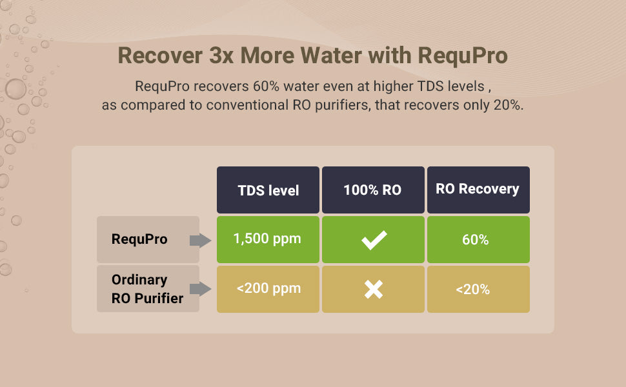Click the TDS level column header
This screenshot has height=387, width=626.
pyautogui.click(x=268, y=190)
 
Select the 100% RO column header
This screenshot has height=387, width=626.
pyautogui.click(x=373, y=190)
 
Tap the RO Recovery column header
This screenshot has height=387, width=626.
pyautogui.click(x=478, y=190)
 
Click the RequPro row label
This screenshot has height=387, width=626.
pyautogui.click(x=148, y=239)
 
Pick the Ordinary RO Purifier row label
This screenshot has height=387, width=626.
pyautogui.click(x=148, y=289)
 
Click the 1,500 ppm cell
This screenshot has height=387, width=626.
pyautogui.click(x=268, y=239)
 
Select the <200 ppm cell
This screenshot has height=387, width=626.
pyautogui.click(x=268, y=289)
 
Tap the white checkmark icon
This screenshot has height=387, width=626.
pyautogui.click(x=374, y=240)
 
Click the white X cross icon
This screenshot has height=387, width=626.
pyautogui.click(x=374, y=289)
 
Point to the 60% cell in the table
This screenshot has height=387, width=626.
pyautogui.click(x=478, y=239)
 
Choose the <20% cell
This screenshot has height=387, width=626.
pyautogui.click(x=478, y=289)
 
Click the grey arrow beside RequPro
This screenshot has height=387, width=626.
pyautogui.click(x=201, y=241)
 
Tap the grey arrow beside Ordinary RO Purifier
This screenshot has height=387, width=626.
pyautogui.click(x=201, y=289)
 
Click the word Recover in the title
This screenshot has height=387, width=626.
pyautogui.click(x=160, y=55)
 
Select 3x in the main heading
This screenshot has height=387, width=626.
pyautogui.click(x=221, y=55)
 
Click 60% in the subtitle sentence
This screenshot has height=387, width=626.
pyautogui.click(x=266, y=86)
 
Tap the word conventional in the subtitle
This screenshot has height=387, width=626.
pyautogui.click(x=247, y=105)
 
